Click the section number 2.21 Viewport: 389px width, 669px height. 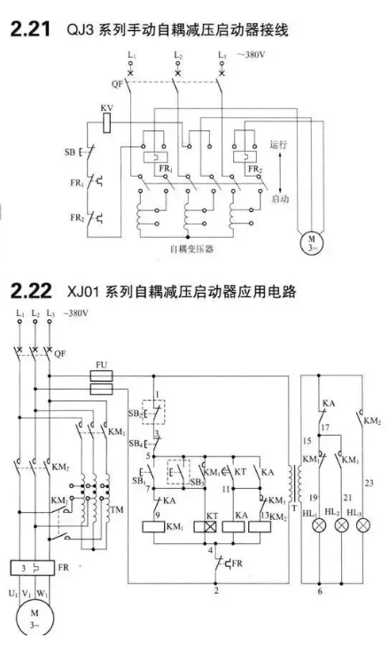click(30, 29)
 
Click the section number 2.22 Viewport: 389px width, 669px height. click(31, 291)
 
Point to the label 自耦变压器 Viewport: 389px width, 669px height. click(191, 249)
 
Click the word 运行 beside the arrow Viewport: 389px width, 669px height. click(278, 145)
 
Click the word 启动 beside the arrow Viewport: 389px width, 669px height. click(280, 199)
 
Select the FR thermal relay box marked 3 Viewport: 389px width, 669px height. click(32, 568)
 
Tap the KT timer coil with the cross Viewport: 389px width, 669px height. click(206, 527)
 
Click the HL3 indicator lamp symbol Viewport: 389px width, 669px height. click(363, 525)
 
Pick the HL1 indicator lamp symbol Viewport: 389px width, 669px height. click(319, 525)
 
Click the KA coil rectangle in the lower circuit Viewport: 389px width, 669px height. click(233, 527)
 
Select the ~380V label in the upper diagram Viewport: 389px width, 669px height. click(251, 55)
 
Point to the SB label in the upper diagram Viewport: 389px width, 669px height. click(69, 152)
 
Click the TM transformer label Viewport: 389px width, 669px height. click(117, 509)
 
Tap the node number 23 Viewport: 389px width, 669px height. click(369, 483)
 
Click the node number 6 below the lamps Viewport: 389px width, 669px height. click(320, 591)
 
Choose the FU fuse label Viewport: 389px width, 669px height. click(101, 365)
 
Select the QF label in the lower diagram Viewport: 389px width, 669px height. click(60, 354)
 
